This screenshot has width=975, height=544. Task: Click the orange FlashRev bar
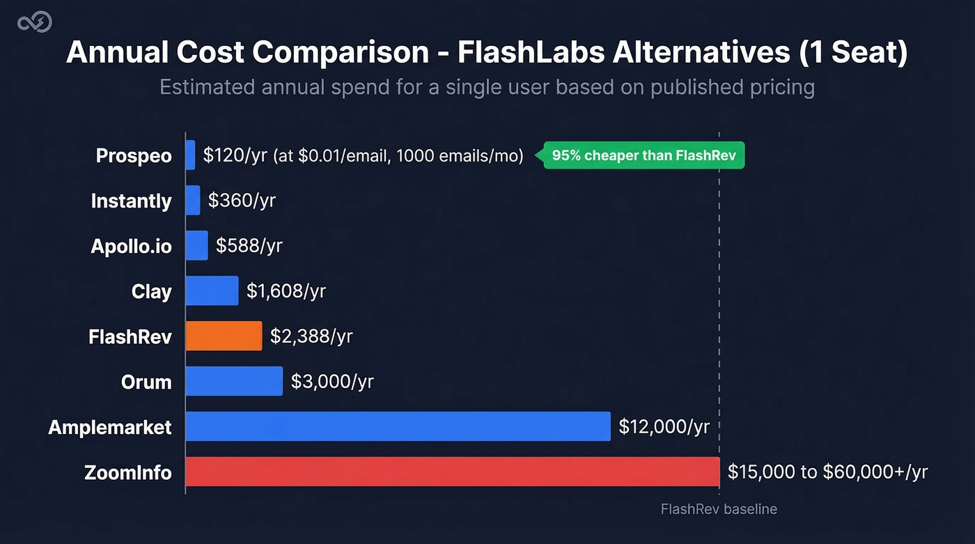point(224,336)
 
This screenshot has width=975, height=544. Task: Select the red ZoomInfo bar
point(452,472)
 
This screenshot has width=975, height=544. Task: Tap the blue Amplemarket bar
point(398,426)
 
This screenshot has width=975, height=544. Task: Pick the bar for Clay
point(212,290)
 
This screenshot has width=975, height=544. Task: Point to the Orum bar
point(235,381)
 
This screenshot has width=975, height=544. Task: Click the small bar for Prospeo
point(191,155)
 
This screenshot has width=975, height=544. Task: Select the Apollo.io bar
point(197,245)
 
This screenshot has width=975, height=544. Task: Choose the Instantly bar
point(193,200)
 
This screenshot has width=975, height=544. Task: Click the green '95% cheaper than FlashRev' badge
point(644,155)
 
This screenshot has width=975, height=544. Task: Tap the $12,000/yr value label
point(664,426)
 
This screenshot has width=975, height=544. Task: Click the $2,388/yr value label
point(311,336)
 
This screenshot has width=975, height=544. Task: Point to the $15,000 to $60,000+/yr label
point(827,472)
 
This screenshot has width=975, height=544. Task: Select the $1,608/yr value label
point(286,290)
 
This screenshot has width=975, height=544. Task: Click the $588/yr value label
point(249,245)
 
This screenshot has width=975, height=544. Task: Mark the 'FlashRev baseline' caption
point(719,509)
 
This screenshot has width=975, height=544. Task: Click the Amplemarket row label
point(110,427)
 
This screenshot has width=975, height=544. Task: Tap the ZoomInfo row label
point(128,472)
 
